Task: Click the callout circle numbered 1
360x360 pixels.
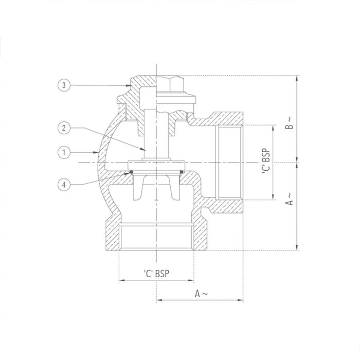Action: click(63, 152)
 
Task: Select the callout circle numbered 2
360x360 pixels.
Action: click(63, 128)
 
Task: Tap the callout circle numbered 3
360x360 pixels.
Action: click(63, 85)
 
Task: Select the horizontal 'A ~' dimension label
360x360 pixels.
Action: click(201, 294)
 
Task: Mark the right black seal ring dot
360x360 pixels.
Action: click(181, 172)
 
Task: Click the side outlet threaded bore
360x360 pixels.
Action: click(229, 161)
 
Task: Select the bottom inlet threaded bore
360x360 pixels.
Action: click(156, 239)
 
